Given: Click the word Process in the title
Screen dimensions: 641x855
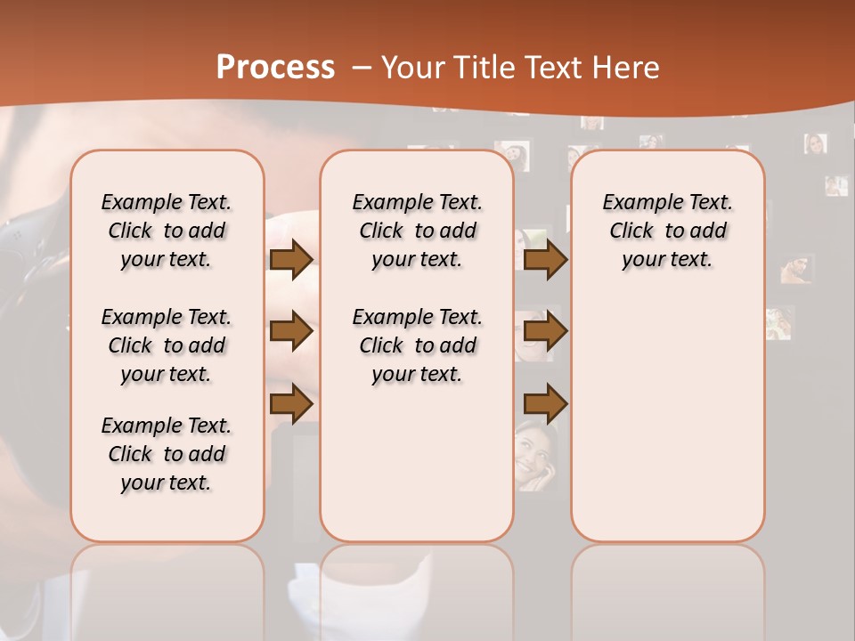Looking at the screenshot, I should coord(275,68).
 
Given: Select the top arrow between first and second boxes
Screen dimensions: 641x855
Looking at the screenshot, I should coord(291,260).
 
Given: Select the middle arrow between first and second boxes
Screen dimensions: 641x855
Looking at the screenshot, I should coord(291,331).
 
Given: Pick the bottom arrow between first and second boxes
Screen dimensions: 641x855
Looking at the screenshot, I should coord(291,403).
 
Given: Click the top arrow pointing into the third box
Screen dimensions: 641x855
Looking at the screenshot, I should coord(545,260).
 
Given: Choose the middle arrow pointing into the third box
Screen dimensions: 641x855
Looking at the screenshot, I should coord(545,331).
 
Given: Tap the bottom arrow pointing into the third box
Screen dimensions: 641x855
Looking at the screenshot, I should coord(545,405).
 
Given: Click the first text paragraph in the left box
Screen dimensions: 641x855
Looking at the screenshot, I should coord(167,231).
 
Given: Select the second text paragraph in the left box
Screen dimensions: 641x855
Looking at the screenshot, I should coord(167,345).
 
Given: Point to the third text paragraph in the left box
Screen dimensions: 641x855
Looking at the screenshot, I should coord(167,454).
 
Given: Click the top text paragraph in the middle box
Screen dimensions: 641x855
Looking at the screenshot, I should coord(417,231).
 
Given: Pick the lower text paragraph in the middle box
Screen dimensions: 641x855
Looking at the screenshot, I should coord(417,345).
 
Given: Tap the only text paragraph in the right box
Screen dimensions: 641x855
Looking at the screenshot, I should coord(667,231).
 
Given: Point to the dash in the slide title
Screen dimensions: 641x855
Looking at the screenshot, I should coord(362,68).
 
